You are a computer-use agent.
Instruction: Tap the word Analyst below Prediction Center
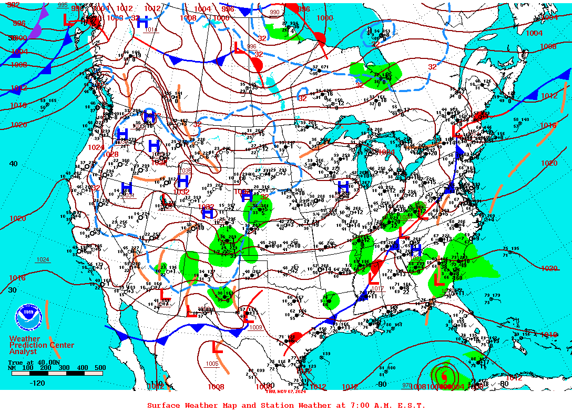click(23, 351)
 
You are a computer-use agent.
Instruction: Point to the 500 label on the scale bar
click(100, 368)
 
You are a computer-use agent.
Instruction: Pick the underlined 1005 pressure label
click(212, 364)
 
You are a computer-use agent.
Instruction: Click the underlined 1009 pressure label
click(256, 327)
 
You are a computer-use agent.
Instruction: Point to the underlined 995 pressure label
click(63, 5)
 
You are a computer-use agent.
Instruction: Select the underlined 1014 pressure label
click(151, 29)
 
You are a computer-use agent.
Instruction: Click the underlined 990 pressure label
click(274, 12)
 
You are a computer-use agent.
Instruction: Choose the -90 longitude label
click(381, 384)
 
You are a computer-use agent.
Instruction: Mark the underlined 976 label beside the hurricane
click(407, 385)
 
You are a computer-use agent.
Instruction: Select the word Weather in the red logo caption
click(24, 339)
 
